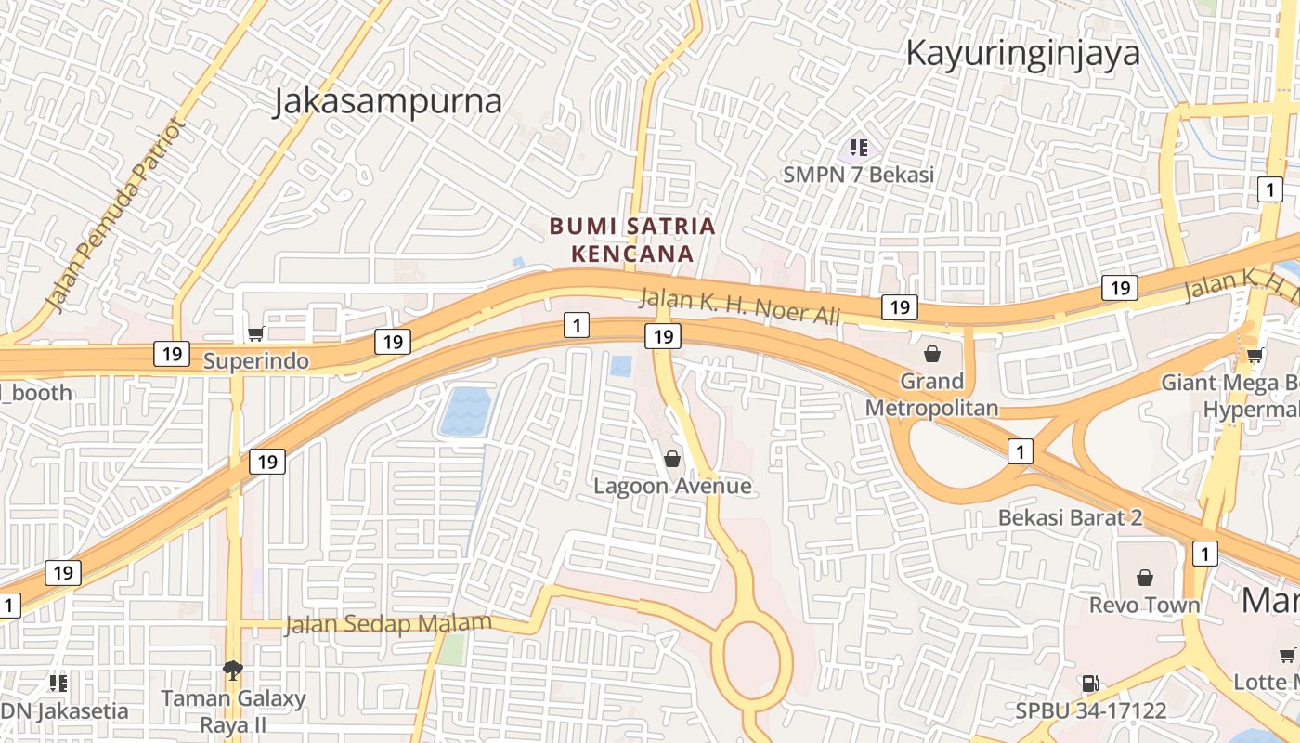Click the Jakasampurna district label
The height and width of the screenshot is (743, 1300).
[387, 101]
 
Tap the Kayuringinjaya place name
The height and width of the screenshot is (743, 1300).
[1022, 53]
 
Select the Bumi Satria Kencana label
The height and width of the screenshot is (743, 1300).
[632, 240]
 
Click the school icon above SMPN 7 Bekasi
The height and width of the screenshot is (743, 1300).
[859, 147]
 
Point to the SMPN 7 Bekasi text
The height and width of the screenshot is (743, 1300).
[858, 174]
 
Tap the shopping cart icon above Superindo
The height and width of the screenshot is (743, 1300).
[255, 333]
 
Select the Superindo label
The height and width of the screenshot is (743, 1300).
[256, 360]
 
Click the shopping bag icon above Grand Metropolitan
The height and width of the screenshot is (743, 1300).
[932, 354]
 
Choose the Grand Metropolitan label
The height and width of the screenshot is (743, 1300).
[932, 395]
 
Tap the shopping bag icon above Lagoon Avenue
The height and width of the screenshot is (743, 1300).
[672, 459]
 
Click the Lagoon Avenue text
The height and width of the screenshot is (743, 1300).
[672, 486]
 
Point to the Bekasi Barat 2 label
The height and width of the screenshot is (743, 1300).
[1070, 517]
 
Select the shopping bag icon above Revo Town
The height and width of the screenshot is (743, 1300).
[1145, 578]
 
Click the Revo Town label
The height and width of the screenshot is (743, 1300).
[1145, 606]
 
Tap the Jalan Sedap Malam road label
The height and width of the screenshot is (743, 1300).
[388, 623]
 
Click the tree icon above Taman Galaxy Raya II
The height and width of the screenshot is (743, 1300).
[233, 670]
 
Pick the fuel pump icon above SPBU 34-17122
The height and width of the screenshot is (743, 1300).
[1090, 684]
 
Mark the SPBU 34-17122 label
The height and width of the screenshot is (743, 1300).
[1090, 711]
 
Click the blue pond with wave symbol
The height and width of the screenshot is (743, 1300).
[464, 411]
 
